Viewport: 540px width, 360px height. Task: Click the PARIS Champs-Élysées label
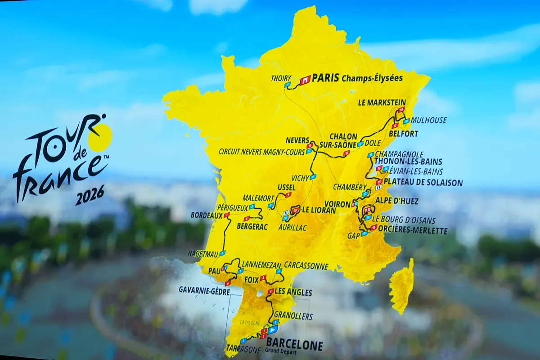pos(357,78)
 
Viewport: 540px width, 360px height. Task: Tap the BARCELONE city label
pos(294,345)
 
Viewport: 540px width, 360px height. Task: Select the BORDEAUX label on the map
pos(207,216)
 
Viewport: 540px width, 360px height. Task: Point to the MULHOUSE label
pos(429,120)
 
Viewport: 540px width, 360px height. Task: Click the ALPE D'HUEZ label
pos(397,201)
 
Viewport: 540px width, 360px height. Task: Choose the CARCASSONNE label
pos(306,266)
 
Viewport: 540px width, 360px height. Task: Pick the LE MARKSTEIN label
pos(382,103)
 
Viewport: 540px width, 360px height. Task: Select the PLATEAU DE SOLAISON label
pos(423,183)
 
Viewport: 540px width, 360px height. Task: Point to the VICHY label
pos(300,178)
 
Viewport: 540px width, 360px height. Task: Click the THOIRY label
pos(281,78)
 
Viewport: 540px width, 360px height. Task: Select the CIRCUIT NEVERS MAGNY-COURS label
pos(262,152)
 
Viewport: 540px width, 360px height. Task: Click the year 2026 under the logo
pos(90,195)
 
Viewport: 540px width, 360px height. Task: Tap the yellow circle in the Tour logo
pos(100,137)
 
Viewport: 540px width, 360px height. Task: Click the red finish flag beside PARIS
pos(305,80)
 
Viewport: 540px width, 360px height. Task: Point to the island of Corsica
pos(401,286)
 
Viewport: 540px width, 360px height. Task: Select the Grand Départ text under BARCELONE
pos(282,351)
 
